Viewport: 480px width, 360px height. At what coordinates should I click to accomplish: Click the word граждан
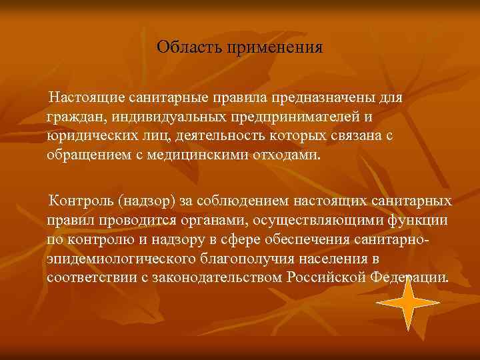coord(70,117)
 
